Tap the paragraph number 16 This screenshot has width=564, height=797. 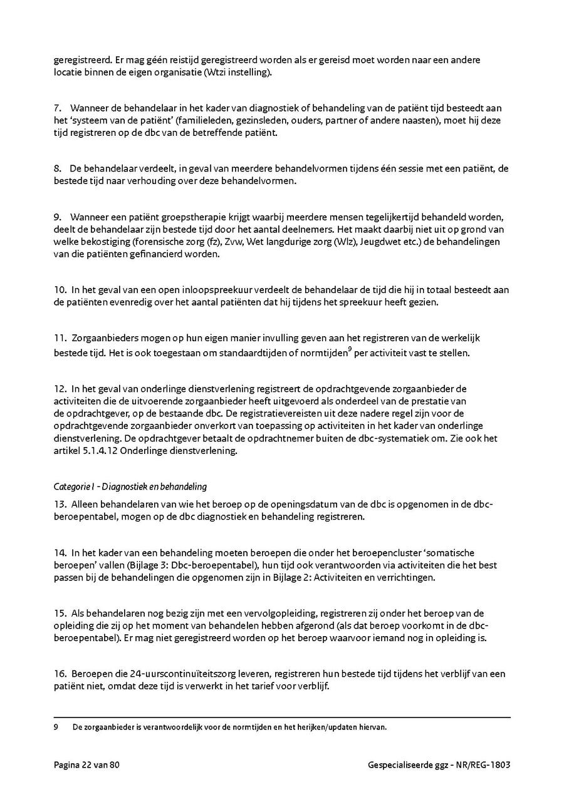pos(60,674)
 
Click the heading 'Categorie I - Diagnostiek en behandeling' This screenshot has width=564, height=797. pos(130,486)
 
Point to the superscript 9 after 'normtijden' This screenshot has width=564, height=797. pos(349,349)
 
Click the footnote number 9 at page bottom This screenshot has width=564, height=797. pos(56,728)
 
